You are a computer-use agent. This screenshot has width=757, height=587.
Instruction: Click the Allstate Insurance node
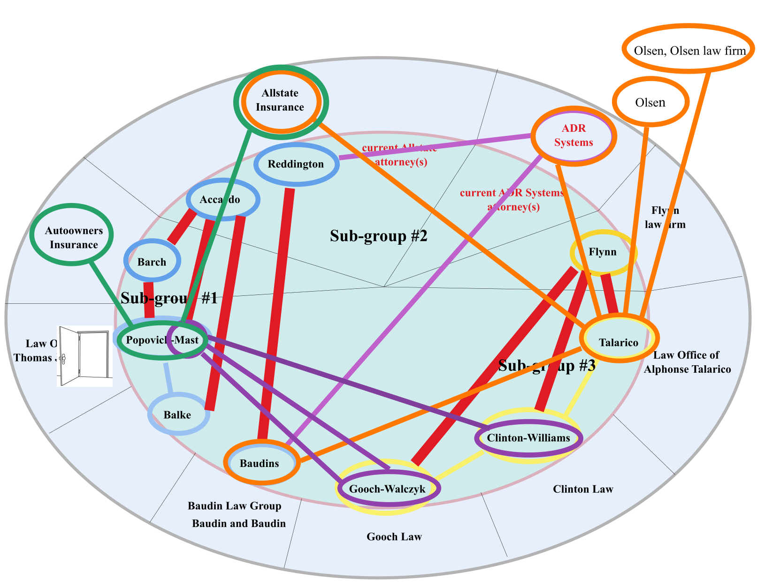point(280,100)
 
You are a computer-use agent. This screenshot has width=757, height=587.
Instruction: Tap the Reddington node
point(296,164)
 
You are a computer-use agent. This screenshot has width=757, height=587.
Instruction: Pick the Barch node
point(152,262)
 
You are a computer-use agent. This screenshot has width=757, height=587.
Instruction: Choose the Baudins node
point(260,463)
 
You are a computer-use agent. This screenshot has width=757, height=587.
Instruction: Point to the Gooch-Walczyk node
point(387,489)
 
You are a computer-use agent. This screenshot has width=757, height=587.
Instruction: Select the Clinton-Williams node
point(528,438)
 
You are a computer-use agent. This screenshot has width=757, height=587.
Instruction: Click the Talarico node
point(619,342)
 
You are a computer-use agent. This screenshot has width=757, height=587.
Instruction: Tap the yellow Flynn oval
point(603,252)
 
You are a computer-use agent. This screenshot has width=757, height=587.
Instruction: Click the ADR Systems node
point(573,135)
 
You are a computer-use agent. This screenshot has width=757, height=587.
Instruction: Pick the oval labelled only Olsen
point(650,102)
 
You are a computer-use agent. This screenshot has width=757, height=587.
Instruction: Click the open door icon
point(85,356)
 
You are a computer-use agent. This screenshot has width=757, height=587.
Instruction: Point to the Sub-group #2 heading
point(378,236)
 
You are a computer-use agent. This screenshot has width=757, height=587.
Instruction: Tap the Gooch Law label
point(394,537)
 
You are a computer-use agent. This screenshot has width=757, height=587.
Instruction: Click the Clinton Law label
point(583,489)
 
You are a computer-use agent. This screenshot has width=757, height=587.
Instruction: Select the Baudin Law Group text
point(235,506)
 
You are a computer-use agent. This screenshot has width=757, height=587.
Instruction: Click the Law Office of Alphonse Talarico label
point(687,362)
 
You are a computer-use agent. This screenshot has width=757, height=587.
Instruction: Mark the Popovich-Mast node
point(162,340)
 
